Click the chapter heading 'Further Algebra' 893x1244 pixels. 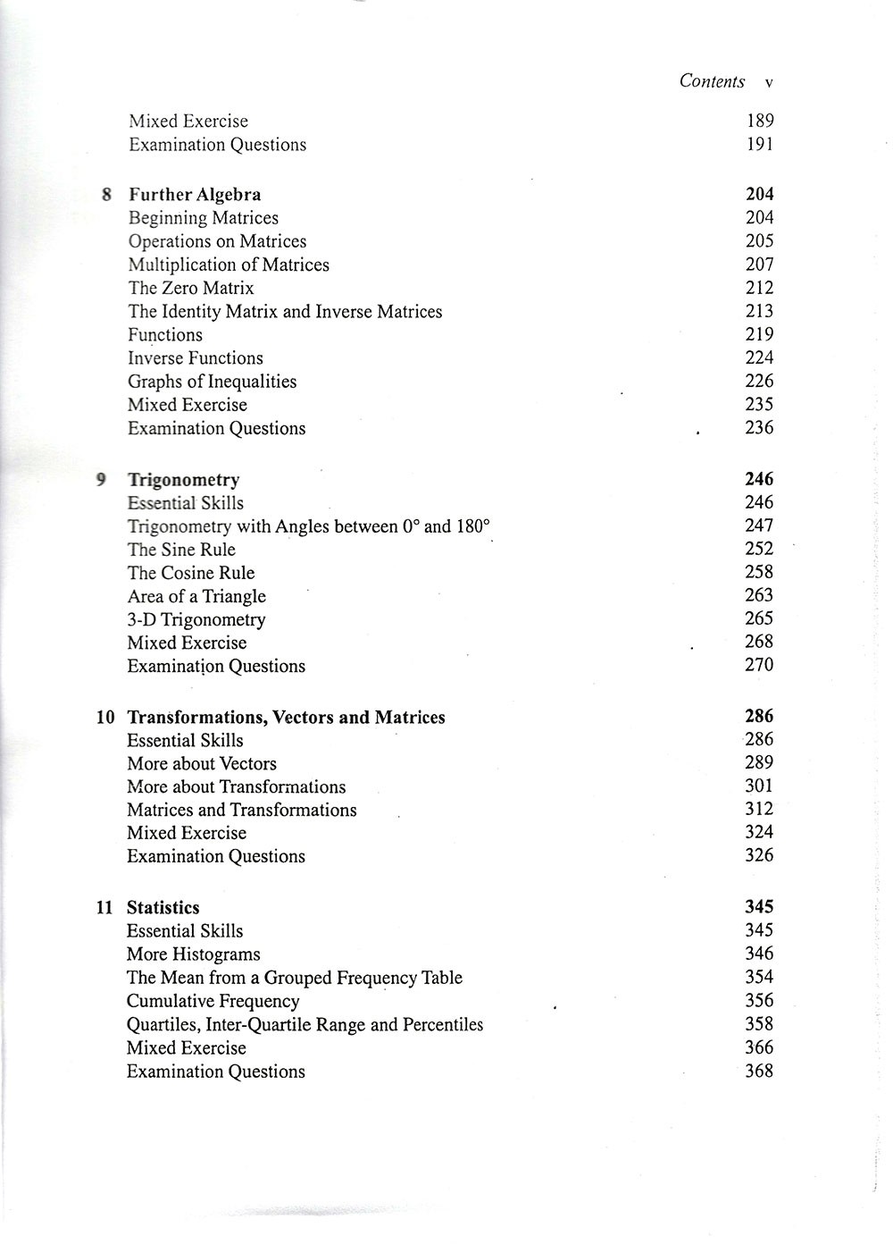point(195,195)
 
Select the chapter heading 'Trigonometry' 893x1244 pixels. point(183,480)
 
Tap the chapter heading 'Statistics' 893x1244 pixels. point(163,908)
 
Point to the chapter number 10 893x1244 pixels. point(105,718)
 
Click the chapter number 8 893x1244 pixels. point(106,195)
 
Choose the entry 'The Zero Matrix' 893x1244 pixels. point(190,288)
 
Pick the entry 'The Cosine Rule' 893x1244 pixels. point(190,573)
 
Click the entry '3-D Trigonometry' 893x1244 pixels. point(196,619)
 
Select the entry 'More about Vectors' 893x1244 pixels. point(201,763)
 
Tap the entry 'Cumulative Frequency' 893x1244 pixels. point(213,1001)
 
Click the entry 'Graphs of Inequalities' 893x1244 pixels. point(212,382)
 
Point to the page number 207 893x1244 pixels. point(759,265)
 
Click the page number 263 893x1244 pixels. point(759,595)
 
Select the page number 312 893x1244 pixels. point(759,809)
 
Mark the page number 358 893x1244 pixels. point(759,1023)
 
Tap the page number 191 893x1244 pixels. point(760,144)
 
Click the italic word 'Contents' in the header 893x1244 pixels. point(712,81)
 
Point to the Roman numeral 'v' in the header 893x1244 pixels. point(769,82)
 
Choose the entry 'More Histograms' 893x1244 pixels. point(193,954)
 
